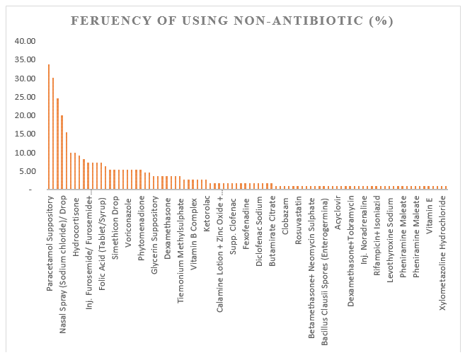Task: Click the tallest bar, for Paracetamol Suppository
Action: coord(48,127)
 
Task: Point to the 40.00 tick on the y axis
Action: coord(24,40)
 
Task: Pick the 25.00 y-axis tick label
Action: coord(24,96)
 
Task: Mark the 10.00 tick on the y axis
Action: coord(24,152)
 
